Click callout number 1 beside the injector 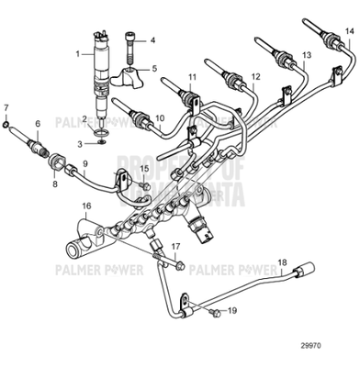(x=78, y=54)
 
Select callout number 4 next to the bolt (x=153, y=41)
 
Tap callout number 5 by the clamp (x=153, y=69)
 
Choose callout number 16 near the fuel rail (x=86, y=207)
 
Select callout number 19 (x=232, y=311)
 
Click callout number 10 (x=160, y=117)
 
